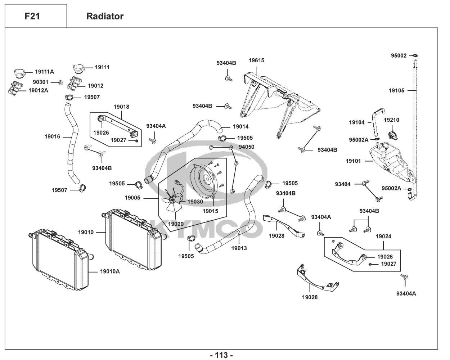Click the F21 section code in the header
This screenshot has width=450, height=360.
(x=32, y=16)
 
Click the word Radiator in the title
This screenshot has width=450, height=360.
(x=105, y=16)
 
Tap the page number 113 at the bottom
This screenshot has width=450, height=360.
(x=221, y=355)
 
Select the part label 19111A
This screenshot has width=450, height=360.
(x=44, y=72)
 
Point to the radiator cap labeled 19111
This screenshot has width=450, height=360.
(x=78, y=68)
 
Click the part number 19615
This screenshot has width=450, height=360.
(x=256, y=60)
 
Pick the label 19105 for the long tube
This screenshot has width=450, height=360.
(x=396, y=90)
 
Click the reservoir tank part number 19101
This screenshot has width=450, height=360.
(x=353, y=161)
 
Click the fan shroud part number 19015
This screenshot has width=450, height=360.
(x=210, y=211)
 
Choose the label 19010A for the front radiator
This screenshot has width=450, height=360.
(x=110, y=271)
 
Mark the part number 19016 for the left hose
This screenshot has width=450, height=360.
(x=52, y=136)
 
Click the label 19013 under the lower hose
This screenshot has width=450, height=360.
(x=239, y=248)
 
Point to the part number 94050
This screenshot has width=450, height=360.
(x=247, y=147)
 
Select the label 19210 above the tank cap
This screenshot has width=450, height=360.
(x=391, y=120)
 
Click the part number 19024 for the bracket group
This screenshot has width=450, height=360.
(x=383, y=237)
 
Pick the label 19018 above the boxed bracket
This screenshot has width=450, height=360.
(x=121, y=107)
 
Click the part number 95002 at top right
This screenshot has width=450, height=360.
(x=399, y=55)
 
